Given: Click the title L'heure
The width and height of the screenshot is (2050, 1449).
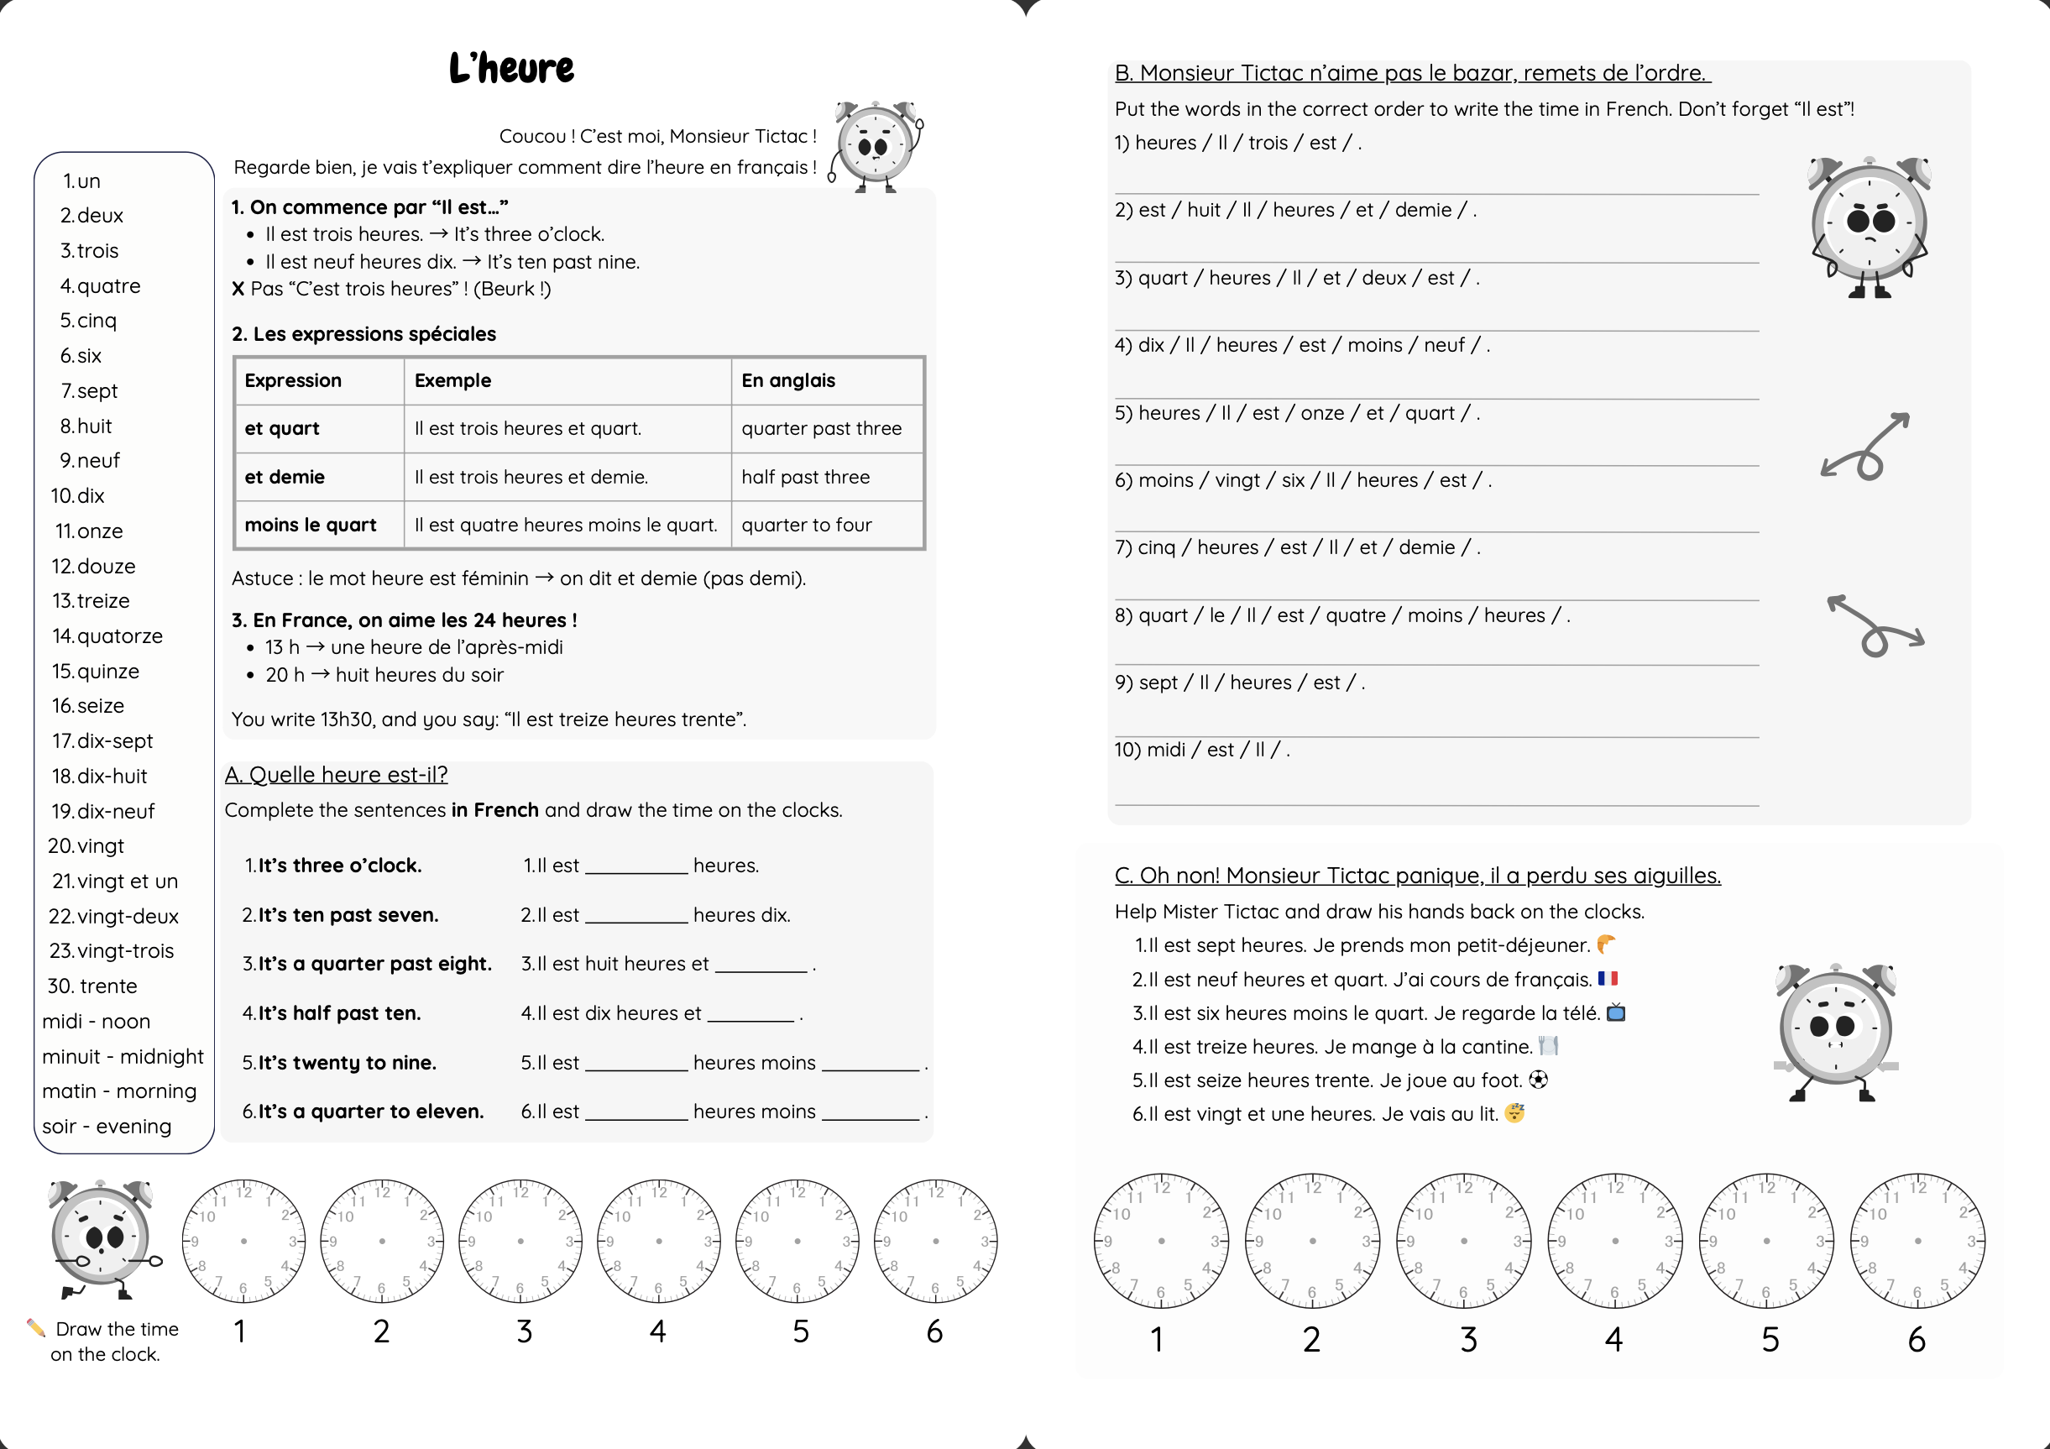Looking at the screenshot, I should pyautogui.click(x=510, y=68).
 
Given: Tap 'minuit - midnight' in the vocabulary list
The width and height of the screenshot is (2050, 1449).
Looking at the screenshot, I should pyautogui.click(x=123, y=1056).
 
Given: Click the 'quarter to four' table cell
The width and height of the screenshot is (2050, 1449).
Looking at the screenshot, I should pyautogui.click(x=806, y=525).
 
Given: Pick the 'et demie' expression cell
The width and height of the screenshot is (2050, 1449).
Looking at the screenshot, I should pyautogui.click(x=285, y=477).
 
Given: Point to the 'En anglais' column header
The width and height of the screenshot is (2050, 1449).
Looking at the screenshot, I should pyautogui.click(x=788, y=380).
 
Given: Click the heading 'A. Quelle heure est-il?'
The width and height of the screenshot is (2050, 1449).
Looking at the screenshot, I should pyautogui.click(x=336, y=774).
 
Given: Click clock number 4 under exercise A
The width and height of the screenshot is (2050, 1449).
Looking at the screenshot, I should pyautogui.click(x=659, y=1241).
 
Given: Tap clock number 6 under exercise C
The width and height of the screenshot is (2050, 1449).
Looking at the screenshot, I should pyautogui.click(x=1917, y=1241).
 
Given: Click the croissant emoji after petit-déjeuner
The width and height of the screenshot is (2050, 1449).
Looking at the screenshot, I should pyautogui.click(x=1605, y=944).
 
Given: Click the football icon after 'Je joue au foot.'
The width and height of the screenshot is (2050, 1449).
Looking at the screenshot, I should pyautogui.click(x=1538, y=1080).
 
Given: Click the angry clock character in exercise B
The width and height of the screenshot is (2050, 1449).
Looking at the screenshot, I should pyautogui.click(x=1869, y=225).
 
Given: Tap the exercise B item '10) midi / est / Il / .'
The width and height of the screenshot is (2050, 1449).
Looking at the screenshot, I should pyautogui.click(x=1201, y=749).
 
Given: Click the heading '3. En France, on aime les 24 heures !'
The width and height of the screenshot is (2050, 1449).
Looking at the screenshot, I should pyautogui.click(x=404, y=620).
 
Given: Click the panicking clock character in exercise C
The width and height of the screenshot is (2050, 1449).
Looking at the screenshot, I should pyautogui.click(x=1836, y=1031).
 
